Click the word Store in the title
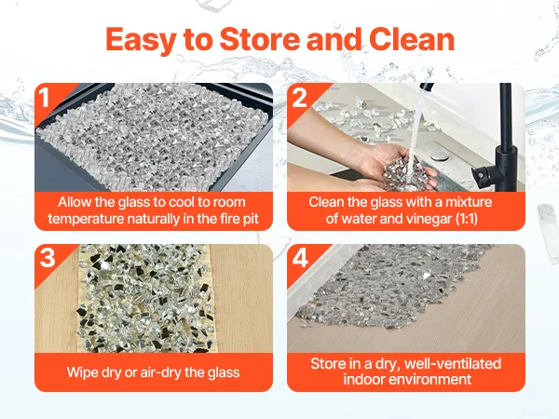tap(260, 39)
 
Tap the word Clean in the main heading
tap(412, 39)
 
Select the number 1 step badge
tap(44, 97)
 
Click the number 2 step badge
tap(299, 97)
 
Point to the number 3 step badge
tap(48, 257)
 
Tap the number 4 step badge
tap(300, 258)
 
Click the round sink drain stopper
tap(437, 155)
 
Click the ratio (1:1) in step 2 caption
tap(467, 219)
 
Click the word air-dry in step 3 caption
tap(161, 372)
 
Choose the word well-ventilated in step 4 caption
tap(453, 364)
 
